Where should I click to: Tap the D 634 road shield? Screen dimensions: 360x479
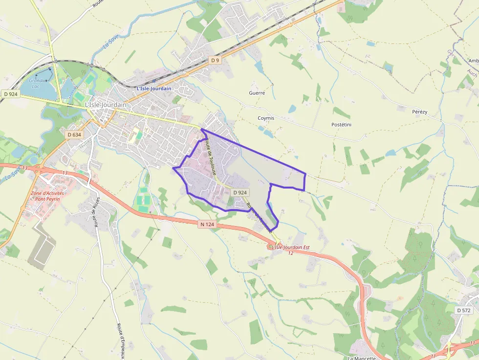coord(74,134)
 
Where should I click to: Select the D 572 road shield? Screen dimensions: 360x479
coord(464,311)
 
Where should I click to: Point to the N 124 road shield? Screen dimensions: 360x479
coord(207,225)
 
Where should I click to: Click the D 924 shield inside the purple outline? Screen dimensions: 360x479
coord(239,192)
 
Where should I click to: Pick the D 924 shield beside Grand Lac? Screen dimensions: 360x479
coord(10,94)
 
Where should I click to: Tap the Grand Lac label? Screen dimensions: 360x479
coord(35,84)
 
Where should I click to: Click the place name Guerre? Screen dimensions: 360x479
coord(257,93)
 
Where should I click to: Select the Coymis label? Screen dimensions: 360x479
coord(266,118)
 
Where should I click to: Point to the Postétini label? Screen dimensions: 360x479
coord(342,125)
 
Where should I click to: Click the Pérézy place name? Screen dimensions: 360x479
coord(419,112)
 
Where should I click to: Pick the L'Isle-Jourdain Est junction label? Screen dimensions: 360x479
coord(290,247)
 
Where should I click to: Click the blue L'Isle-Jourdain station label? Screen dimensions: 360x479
coord(154,88)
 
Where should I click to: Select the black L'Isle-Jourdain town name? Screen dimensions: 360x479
coord(106,105)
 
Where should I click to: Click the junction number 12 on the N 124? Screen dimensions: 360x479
coord(291,253)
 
